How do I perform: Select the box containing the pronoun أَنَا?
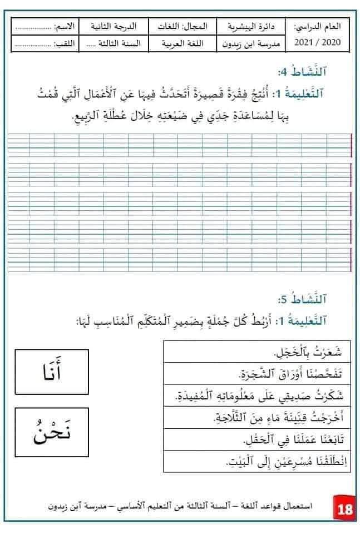click(x=51, y=371)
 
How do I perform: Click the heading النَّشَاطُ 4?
click(x=318, y=72)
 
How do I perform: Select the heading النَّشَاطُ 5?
click(x=318, y=300)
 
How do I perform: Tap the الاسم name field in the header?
click(x=45, y=26)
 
